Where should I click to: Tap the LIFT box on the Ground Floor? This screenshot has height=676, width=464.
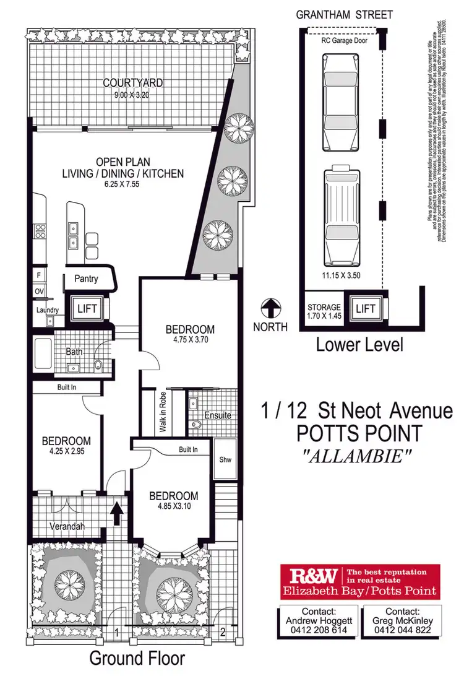84,308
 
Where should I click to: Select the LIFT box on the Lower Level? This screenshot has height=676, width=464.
366,309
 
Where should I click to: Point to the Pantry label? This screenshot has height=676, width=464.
86,279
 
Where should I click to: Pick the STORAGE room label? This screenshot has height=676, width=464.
324,307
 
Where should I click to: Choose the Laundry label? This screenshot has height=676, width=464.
48,310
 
